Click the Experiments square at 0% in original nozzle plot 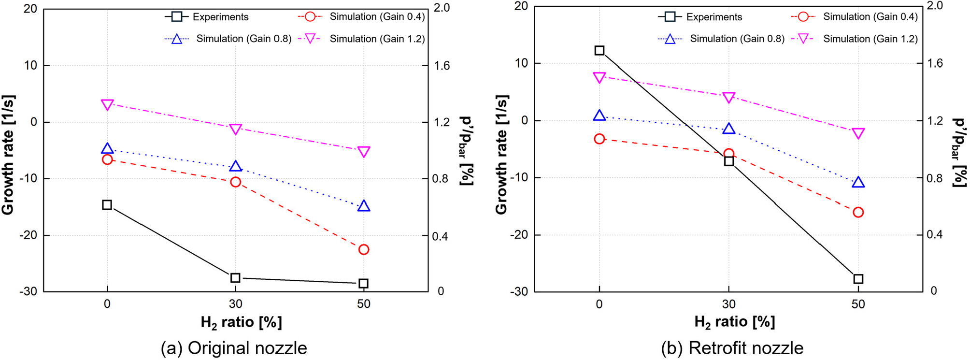(x=107, y=205)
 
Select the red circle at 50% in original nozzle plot (x=364, y=249)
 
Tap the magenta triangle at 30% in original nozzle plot (x=235, y=129)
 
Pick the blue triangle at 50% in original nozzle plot (x=364, y=206)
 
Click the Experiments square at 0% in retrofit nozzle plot (x=599, y=50)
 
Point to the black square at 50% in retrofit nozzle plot (x=858, y=279)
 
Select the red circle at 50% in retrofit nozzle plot (x=858, y=212)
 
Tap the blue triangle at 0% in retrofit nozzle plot (x=599, y=115)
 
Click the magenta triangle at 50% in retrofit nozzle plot (x=858, y=133)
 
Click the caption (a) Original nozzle (x=234, y=348)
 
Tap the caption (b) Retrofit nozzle (x=732, y=348)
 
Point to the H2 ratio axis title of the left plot (x=241, y=322)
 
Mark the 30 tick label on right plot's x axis (x=728, y=304)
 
